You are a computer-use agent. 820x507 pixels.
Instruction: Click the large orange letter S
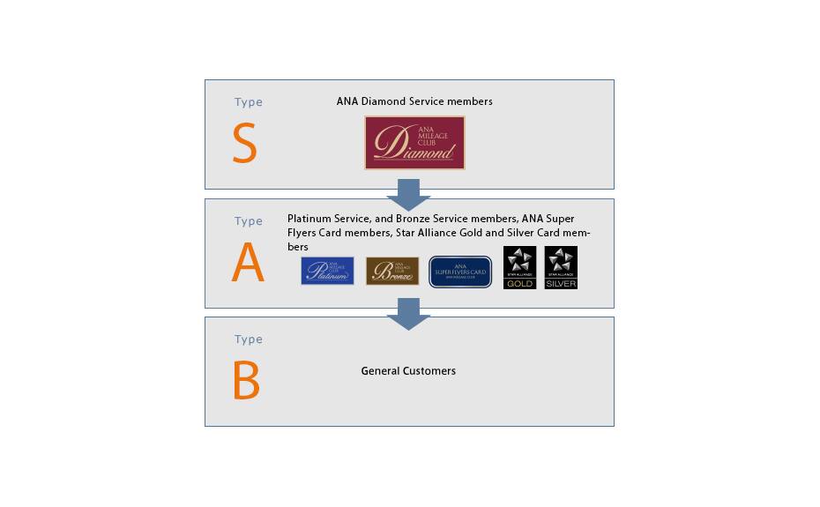click(x=244, y=144)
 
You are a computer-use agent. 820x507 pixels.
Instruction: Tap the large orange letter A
click(x=248, y=263)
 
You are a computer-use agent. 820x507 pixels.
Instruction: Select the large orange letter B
click(x=246, y=381)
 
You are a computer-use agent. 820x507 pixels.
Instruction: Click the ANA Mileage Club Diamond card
click(x=414, y=143)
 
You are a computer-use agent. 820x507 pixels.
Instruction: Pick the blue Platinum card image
click(x=327, y=271)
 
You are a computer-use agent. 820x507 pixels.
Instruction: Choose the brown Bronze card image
click(x=392, y=271)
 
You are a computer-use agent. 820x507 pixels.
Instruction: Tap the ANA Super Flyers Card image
click(x=460, y=272)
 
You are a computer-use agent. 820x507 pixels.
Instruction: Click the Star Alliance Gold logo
click(x=519, y=267)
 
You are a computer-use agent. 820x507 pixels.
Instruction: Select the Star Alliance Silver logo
click(x=561, y=267)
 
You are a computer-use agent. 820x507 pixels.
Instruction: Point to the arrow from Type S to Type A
click(x=408, y=194)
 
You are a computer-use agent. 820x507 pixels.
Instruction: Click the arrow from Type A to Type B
click(x=408, y=313)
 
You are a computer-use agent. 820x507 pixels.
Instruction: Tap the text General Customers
click(x=408, y=371)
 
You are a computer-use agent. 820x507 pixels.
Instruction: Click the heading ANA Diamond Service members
click(x=414, y=101)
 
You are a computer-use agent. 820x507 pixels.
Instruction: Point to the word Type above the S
click(x=249, y=102)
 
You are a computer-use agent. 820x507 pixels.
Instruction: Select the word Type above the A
click(x=249, y=221)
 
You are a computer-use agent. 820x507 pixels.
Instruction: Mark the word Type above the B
click(x=249, y=339)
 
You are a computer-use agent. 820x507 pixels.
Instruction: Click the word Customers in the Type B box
click(x=429, y=371)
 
